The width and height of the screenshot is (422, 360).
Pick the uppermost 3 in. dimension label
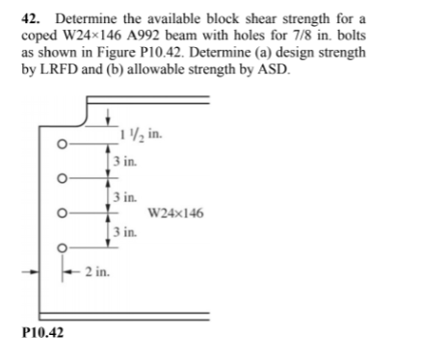tap(125, 161)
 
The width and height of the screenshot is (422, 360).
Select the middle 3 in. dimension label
tap(125, 196)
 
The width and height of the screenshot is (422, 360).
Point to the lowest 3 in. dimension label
tap(125, 231)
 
